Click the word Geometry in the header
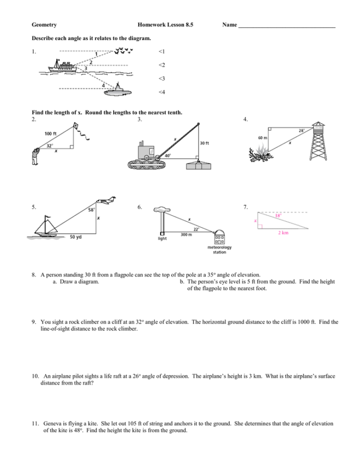[x=44, y=25]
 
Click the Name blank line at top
[x=287, y=26]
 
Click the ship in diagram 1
[x=63, y=66]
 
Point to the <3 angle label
[x=161, y=79]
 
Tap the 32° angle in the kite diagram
[x=49, y=146]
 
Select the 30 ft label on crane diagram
[x=204, y=143]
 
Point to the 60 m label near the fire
[x=263, y=138]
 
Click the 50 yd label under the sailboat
[x=76, y=237]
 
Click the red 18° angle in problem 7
[x=278, y=215]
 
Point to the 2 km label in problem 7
[x=283, y=233]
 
